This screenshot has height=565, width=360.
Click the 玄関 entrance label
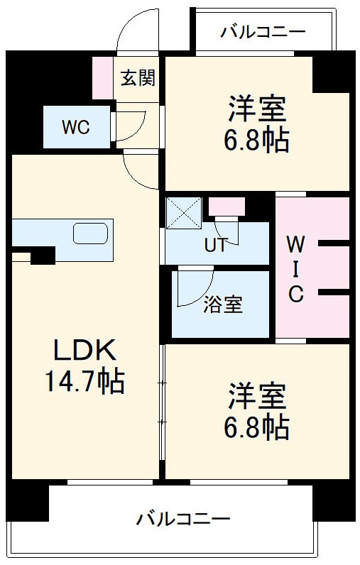tap(137, 77)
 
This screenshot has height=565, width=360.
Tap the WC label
tap(75, 127)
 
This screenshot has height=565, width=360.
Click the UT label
tap(215, 246)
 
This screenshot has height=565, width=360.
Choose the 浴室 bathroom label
tap(222, 305)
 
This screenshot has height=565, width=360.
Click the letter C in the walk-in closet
tap(295, 294)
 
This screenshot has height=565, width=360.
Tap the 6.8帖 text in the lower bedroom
tap(258, 427)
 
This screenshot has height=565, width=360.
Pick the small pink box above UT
tap(227, 207)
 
